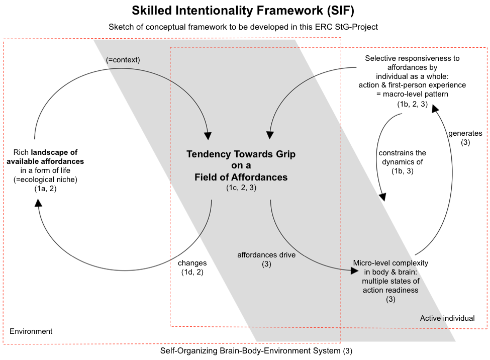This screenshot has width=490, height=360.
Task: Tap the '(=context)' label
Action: coord(123,60)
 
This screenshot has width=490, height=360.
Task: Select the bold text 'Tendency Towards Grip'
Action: coord(241,154)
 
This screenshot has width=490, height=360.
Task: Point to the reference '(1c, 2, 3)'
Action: coord(241,188)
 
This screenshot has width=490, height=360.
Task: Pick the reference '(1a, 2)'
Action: coord(46,188)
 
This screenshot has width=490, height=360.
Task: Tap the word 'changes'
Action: coord(192,263)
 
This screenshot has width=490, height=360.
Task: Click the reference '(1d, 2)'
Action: coord(192,272)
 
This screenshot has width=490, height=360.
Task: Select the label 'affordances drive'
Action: coord(266,255)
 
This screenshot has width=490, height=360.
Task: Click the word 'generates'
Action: coord(465,134)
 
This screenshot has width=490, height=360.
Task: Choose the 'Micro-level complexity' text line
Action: coord(390,263)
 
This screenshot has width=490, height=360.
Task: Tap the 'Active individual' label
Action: coord(447,318)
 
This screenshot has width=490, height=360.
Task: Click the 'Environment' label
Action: coord(31,331)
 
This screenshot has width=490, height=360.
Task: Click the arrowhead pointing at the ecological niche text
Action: coord(38,203)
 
